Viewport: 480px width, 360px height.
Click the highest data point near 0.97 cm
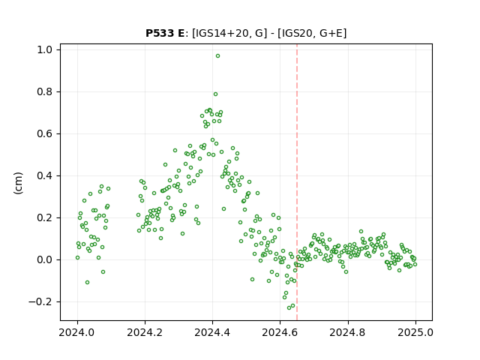(217, 56)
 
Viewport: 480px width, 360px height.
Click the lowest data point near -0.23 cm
(289, 307)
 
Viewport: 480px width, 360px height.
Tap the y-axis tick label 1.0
(44, 49)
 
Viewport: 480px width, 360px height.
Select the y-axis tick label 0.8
(44, 91)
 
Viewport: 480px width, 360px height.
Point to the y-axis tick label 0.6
(44, 133)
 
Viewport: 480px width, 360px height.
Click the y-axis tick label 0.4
(44, 175)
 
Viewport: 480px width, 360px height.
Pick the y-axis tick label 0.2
(44, 217)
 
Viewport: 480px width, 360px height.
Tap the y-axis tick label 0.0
(44, 260)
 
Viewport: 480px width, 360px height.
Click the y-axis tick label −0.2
(40, 301)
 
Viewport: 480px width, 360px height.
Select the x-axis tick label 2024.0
(77, 332)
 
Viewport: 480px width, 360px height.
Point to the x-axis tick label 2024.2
(145, 332)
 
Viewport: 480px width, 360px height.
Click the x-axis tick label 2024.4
(212, 332)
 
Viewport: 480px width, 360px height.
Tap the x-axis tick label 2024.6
(280, 332)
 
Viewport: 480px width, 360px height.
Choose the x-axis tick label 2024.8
(347, 332)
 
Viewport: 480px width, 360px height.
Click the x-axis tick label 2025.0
(415, 332)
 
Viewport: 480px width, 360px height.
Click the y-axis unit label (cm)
(18, 183)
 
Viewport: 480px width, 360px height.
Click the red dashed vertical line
(297, 182)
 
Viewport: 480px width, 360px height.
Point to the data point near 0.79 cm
(215, 94)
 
